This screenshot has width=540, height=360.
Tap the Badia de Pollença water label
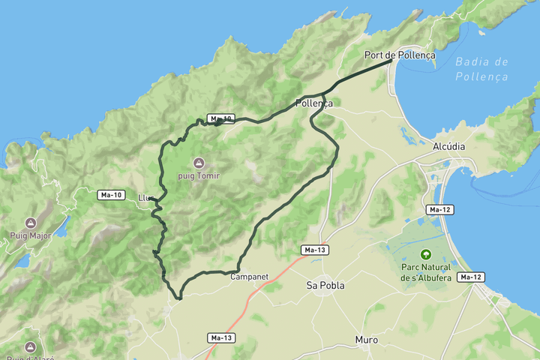[481, 69]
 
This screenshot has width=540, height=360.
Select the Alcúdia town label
[449, 147]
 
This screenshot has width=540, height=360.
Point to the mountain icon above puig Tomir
[198, 163]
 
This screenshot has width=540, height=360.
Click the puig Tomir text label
[198, 175]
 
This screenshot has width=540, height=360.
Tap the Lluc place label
[146, 198]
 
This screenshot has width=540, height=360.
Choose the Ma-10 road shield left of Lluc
[111, 195]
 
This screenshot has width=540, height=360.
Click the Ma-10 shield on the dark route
[221, 118]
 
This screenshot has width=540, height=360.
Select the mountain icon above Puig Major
[31, 223]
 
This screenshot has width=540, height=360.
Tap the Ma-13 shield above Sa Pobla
[316, 249]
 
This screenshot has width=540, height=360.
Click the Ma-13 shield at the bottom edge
[222, 338]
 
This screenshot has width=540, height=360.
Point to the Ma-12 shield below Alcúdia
[439, 209]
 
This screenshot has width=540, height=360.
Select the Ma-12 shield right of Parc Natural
[470, 277]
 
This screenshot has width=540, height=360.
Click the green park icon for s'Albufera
[426, 255]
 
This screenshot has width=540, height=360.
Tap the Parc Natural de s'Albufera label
[426, 272]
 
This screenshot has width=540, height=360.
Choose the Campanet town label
[249, 277]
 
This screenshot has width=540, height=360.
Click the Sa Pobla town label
[324, 285]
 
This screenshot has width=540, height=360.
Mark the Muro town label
[367, 340]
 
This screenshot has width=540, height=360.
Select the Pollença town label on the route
[314, 103]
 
